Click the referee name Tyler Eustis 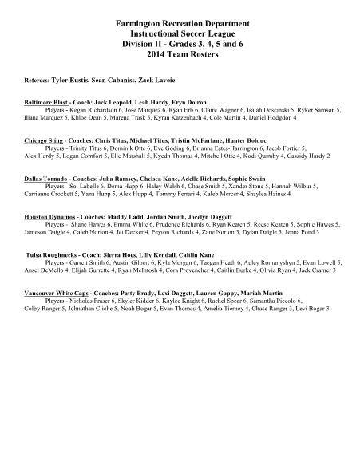(70, 81)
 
